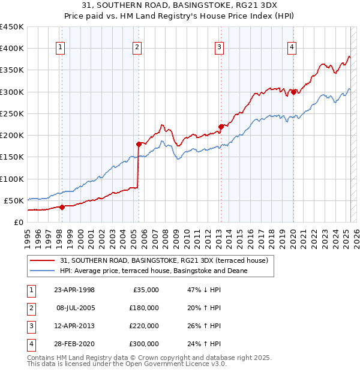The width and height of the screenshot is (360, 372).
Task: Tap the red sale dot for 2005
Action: coord(139,144)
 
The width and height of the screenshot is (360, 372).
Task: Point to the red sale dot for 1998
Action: coord(62,207)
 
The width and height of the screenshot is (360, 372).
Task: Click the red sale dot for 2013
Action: coord(221,127)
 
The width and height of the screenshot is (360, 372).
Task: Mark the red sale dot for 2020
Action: coord(293,92)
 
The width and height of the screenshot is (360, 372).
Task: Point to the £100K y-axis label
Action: coord(11,179)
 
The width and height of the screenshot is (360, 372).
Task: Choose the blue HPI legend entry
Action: coord(154,271)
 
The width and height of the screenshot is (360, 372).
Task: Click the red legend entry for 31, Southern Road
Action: coord(159,260)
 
